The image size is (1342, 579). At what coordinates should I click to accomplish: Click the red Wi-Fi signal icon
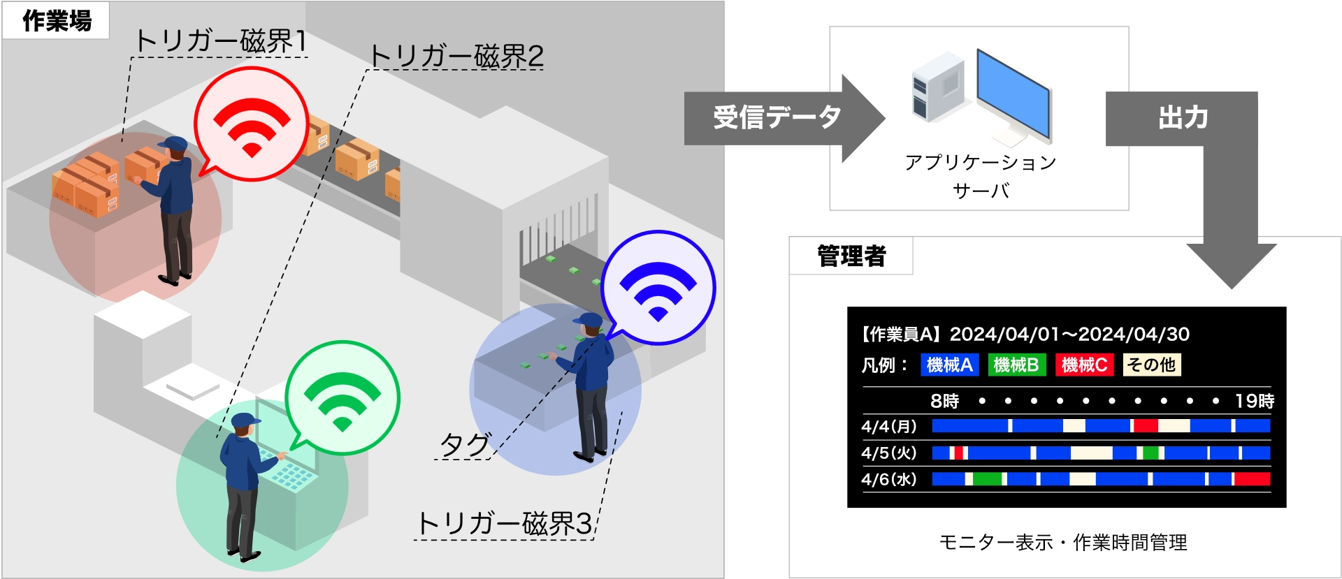click(252, 126)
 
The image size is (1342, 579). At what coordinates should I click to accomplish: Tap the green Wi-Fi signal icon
click(342, 400)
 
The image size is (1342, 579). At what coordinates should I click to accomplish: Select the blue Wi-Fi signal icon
click(658, 290)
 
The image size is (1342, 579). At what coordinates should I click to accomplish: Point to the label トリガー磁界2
click(456, 57)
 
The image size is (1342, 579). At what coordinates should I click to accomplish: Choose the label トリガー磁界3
click(504, 523)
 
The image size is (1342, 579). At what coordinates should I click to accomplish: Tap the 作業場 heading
click(57, 21)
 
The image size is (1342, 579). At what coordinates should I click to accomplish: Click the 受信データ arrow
click(777, 117)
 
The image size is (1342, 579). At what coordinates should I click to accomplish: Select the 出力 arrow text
click(1183, 118)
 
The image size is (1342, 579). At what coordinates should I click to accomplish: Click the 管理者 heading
click(851, 256)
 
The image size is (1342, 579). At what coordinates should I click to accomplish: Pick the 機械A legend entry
click(948, 365)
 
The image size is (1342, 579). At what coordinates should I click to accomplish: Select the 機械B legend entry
click(1016, 365)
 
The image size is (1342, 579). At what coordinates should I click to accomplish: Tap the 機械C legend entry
click(1083, 365)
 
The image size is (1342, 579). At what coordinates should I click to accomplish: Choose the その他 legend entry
click(1151, 365)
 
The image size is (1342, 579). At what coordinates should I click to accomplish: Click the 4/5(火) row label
click(888, 453)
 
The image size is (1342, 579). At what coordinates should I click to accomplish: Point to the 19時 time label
click(1255, 401)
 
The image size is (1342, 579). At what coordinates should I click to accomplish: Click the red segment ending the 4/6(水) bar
click(1253, 479)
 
